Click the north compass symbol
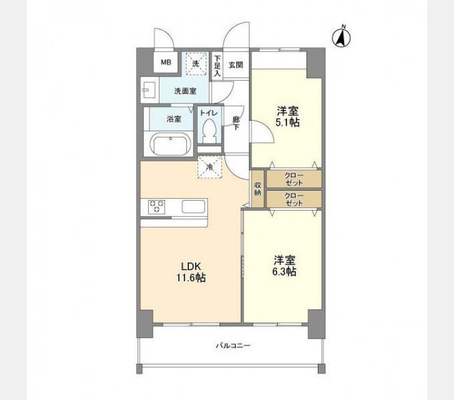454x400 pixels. tap(341, 37)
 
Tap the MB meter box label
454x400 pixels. tap(166, 62)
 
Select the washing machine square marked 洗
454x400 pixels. tap(197, 63)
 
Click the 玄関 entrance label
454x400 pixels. tap(236, 65)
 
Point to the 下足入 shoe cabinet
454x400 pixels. tap(217, 65)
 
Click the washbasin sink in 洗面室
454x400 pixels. tap(150, 90)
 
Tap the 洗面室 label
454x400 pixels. tap(186, 91)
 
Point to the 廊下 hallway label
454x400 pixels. tap(236, 123)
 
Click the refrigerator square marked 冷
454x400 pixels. tap(210, 167)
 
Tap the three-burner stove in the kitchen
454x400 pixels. tap(157, 207)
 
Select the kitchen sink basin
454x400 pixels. tap(193, 207)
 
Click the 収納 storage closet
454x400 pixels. tap(258, 189)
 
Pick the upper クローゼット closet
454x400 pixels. tap(294, 179)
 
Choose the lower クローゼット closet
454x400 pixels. tap(294, 199)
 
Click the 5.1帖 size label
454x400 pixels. tap(288, 123)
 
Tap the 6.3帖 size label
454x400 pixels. tap(284, 272)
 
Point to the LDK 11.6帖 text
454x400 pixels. tap(191, 272)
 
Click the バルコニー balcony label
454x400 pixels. tap(233, 345)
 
